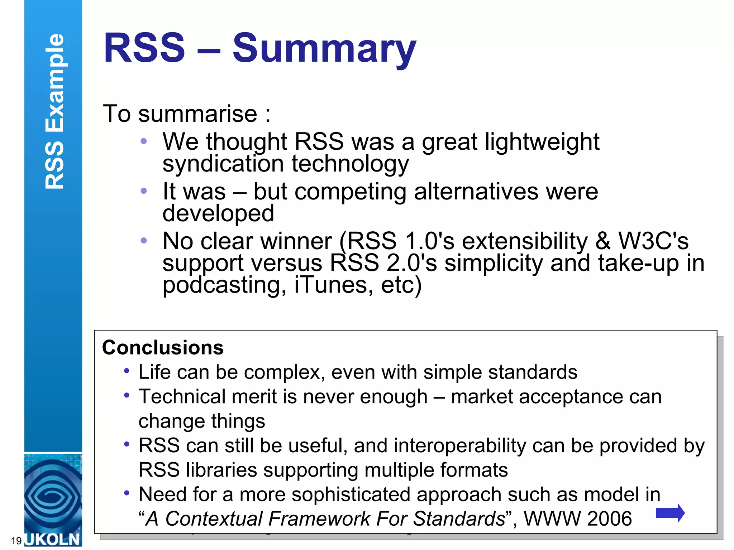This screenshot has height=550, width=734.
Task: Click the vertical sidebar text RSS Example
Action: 54,111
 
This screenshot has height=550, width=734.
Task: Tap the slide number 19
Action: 16,541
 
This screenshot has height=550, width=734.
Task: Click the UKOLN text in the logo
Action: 53,539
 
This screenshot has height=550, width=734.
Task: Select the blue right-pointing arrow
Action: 670,513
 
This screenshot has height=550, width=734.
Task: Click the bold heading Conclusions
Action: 163,348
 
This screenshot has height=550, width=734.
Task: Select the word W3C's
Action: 653,241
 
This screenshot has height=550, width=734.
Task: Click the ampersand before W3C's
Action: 603,241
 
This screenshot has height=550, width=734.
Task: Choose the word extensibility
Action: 525,241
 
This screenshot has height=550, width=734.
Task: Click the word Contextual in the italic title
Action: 214,518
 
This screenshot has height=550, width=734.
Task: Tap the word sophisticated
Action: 350,495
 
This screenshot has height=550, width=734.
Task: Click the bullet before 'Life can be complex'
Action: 127,371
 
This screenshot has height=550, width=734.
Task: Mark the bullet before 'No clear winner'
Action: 144,241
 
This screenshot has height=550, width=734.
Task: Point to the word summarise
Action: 197,114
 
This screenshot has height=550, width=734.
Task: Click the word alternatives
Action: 476,192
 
